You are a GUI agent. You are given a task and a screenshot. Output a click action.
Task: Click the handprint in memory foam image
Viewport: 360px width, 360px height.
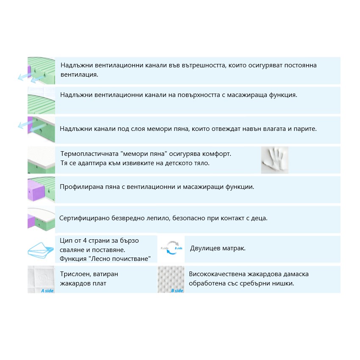[274, 160]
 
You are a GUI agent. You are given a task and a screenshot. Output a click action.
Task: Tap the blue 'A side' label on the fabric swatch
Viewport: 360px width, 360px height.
[47, 291]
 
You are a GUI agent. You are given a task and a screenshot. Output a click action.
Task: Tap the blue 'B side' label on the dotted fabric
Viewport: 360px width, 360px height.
[177, 291]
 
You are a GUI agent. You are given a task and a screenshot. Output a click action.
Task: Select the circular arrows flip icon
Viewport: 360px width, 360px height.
[172, 248]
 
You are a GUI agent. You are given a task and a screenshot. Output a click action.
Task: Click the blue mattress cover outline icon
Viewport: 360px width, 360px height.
[41, 250]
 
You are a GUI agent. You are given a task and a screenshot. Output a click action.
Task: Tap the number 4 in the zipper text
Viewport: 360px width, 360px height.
[85, 241]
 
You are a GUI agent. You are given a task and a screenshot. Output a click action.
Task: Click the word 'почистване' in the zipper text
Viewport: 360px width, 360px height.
[133, 259]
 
